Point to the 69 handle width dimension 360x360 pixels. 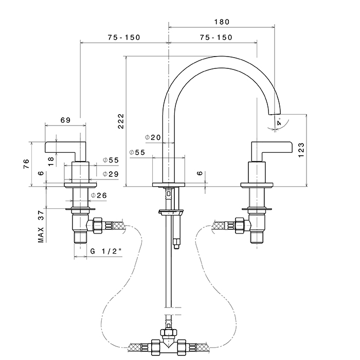pos(65,120)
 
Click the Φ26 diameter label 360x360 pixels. pos(99,195)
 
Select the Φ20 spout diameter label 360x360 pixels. pos(153,137)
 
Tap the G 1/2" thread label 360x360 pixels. pos(105,251)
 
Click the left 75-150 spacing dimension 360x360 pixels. pos(123,38)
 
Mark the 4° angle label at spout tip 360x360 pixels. pos(279,123)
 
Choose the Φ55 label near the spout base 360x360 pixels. pos(137,153)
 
